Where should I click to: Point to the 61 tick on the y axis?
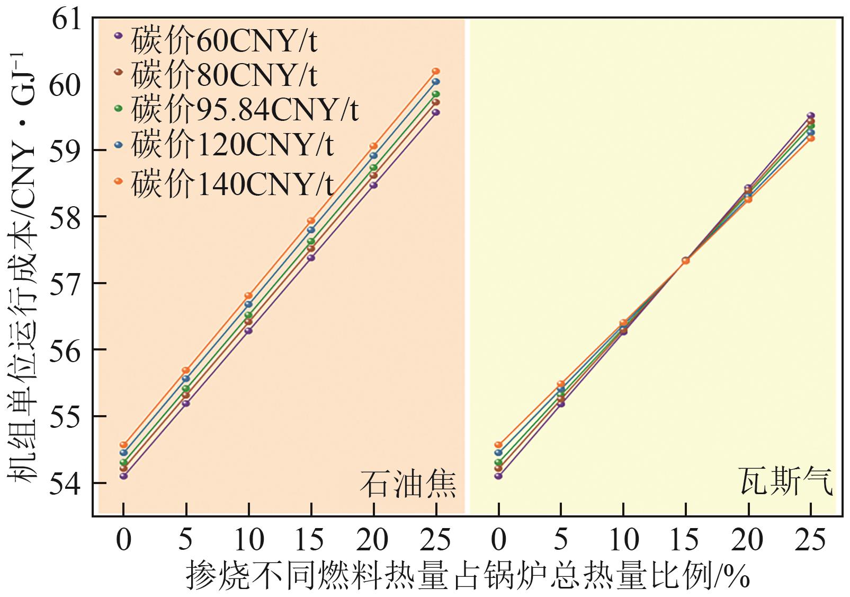tap(67, 20)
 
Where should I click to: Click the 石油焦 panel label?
tap(408, 484)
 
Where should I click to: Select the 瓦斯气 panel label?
tap(785, 481)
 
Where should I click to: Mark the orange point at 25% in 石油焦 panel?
tap(436, 71)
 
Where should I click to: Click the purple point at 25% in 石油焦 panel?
tap(436, 112)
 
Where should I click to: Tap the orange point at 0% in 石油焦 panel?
tap(123, 445)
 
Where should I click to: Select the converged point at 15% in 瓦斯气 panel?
tap(685, 260)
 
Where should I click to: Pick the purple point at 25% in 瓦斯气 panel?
tap(810, 116)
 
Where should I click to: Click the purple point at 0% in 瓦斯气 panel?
tap(498, 476)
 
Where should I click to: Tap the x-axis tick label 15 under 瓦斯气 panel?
tap(685, 540)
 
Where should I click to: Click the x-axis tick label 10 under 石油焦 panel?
tap(248, 540)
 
